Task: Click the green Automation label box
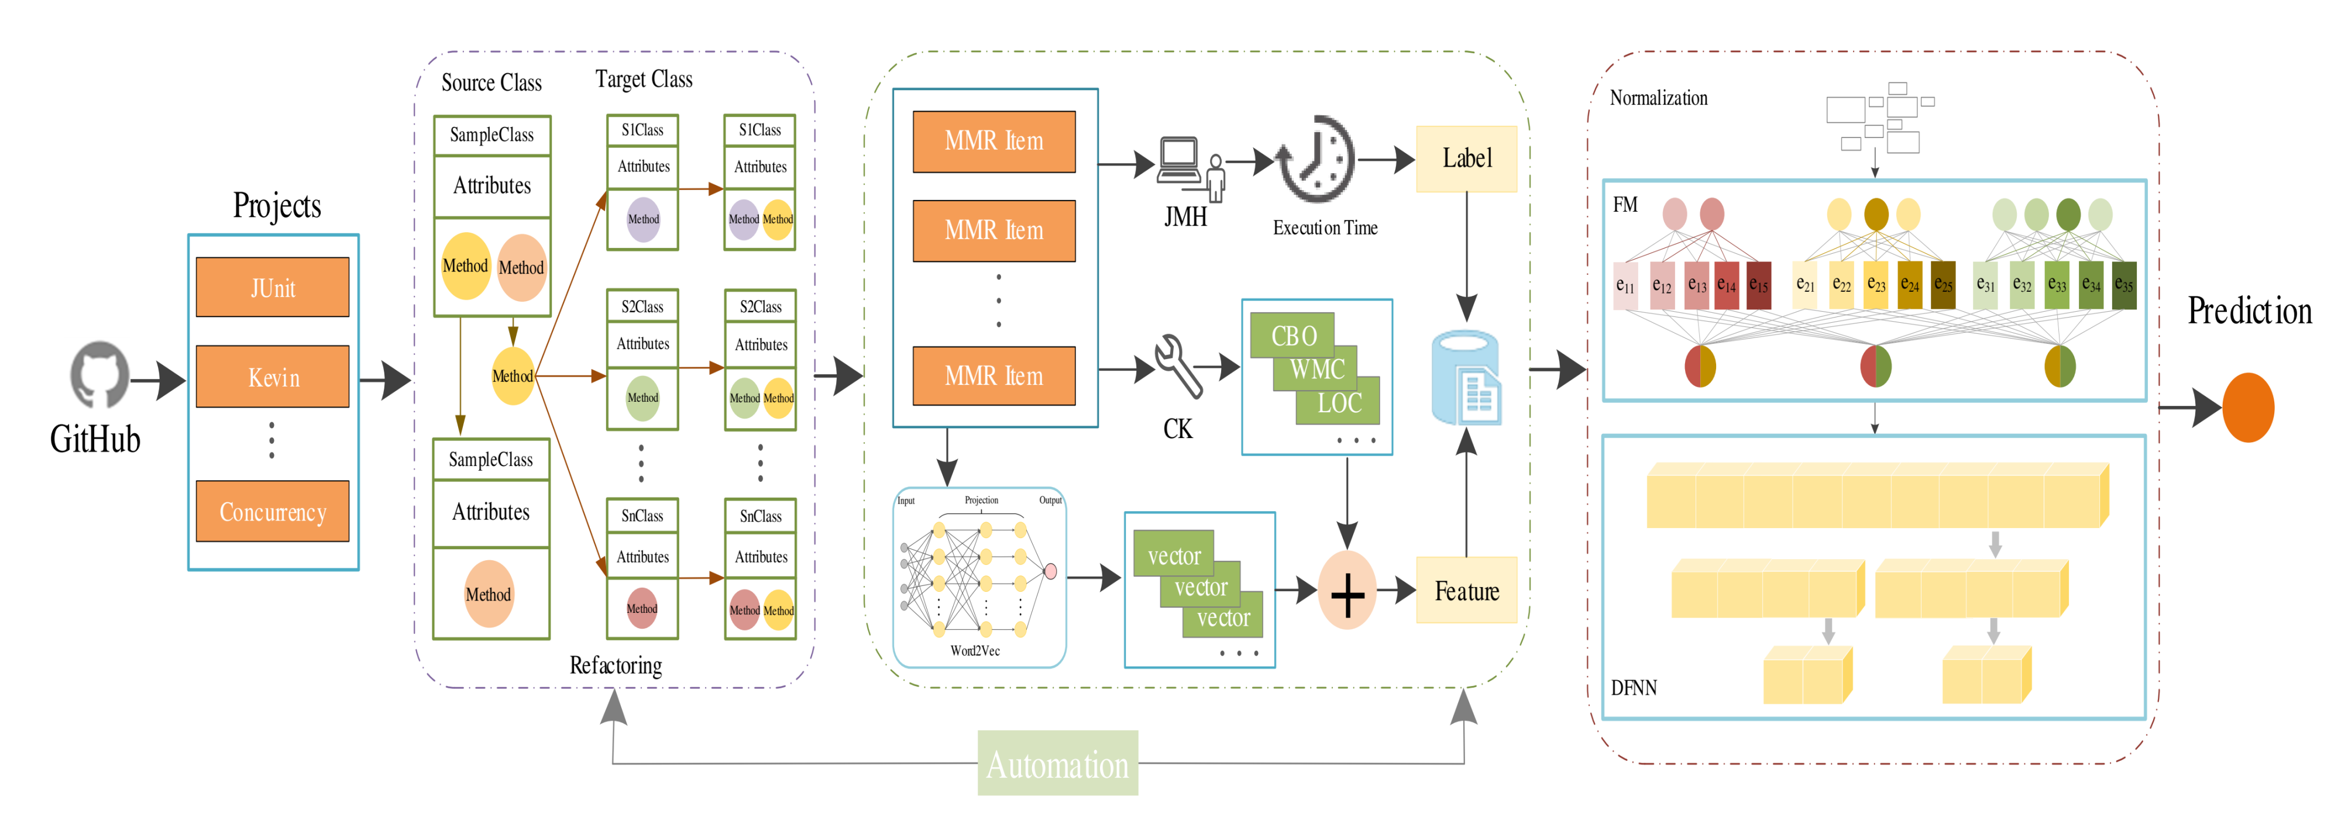click(x=1057, y=764)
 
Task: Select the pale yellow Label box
click(x=1466, y=158)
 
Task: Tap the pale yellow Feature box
click(x=1466, y=591)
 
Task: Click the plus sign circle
click(x=1346, y=591)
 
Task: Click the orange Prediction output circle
click(x=2248, y=408)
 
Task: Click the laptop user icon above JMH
click(x=1190, y=167)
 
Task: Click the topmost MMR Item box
click(x=993, y=142)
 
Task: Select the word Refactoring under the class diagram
click(x=616, y=666)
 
